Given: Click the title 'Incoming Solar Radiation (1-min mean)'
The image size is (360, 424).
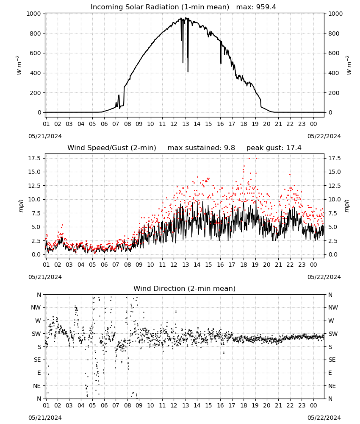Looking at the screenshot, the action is click(160, 7).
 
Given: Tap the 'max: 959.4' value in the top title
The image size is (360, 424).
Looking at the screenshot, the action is click(256, 7).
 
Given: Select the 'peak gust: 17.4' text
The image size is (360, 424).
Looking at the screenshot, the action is click(274, 148).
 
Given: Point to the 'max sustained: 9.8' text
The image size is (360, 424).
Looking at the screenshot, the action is click(201, 148).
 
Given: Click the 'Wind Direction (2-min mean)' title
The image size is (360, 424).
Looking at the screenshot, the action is click(185, 288).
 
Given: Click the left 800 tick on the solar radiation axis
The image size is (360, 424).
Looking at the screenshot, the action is click(36, 33).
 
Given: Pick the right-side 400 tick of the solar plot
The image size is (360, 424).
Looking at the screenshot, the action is click(334, 73).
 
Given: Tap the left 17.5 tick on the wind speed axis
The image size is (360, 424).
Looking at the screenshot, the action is click(35, 158).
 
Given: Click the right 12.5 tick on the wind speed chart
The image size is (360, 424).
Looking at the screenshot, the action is click(335, 186).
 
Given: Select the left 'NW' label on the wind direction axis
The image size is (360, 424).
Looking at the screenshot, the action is click(36, 308).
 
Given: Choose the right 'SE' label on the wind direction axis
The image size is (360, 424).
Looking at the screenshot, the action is click(332, 360).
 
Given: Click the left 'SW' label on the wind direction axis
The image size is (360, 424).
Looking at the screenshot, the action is click(36, 334).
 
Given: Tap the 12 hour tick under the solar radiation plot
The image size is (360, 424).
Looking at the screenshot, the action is click(174, 124).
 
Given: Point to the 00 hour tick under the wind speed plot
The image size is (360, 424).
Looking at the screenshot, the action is click(313, 265).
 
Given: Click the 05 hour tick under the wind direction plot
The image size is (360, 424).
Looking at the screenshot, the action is click(92, 405).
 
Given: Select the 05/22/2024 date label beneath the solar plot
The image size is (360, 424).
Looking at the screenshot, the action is click(324, 136).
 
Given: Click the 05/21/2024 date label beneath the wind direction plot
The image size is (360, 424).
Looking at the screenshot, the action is click(45, 418).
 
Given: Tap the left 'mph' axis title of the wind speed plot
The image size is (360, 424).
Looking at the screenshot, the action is click(21, 206).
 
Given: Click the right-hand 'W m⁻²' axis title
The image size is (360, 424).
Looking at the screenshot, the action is click(349, 65).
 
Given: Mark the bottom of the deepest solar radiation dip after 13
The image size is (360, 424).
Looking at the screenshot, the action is click(188, 72).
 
